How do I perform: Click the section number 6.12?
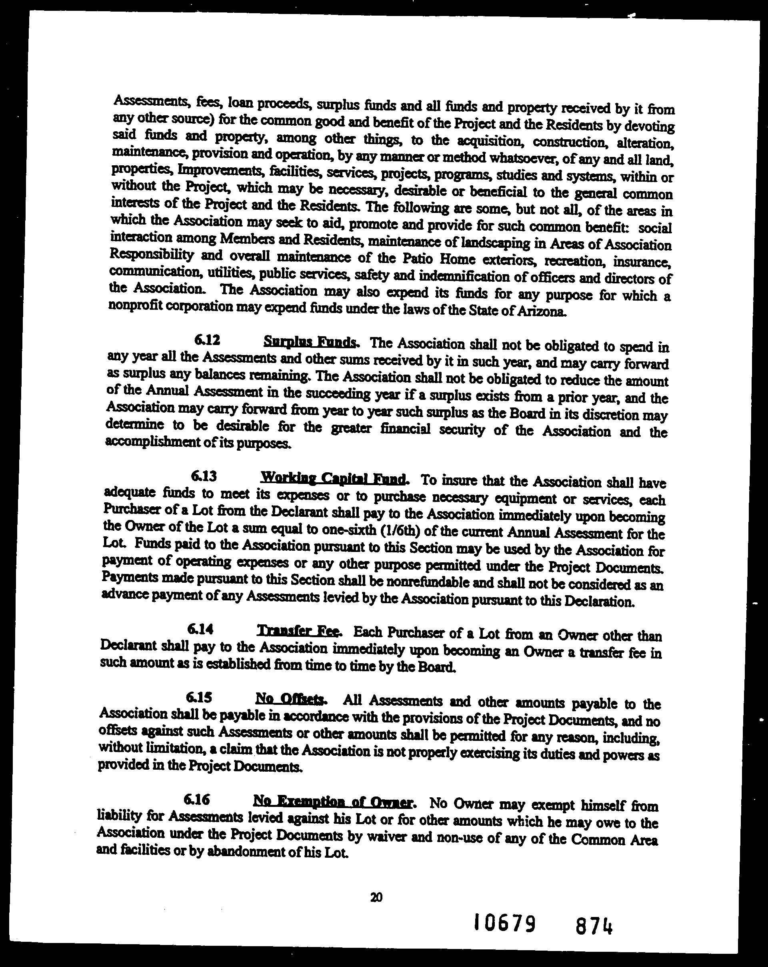tap(207, 341)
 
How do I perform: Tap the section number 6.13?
tap(204, 475)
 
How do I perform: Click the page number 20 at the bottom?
tap(377, 897)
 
